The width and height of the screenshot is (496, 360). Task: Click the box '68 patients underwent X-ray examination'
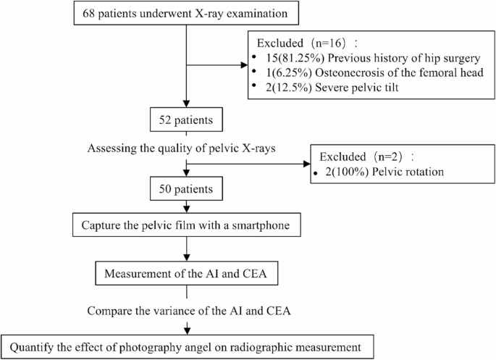187,14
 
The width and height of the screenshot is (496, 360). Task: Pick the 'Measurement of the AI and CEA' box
187,275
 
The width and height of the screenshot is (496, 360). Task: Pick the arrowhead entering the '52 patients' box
187,106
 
